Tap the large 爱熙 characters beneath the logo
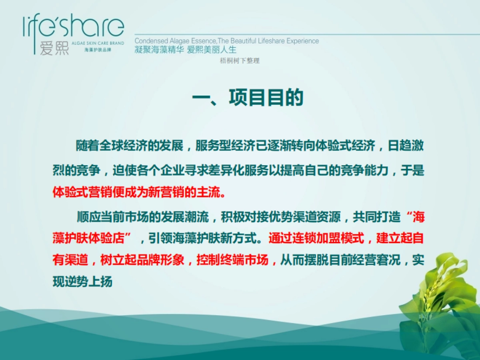54,48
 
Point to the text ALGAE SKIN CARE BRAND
98,43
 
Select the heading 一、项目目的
248,98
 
